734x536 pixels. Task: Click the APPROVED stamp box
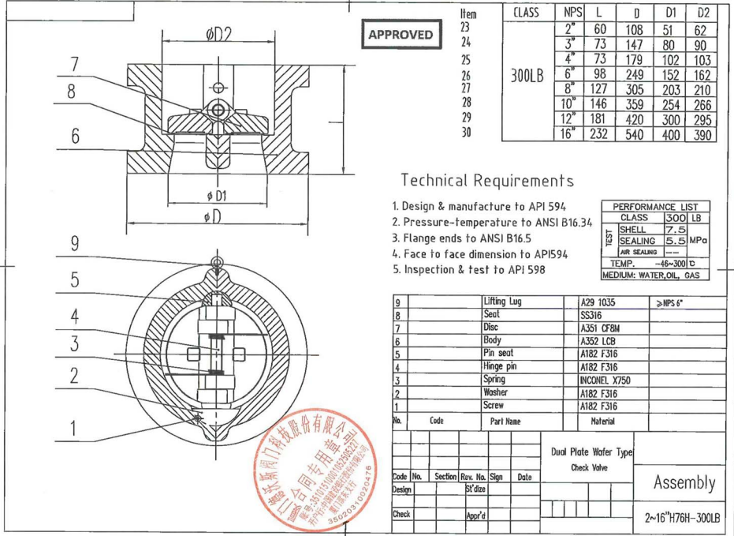401,35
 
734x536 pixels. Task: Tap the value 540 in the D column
635,134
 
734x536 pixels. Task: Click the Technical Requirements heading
487,181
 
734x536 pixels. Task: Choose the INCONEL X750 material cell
605,380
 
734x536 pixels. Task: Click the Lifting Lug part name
502,302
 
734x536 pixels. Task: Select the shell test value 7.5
675,229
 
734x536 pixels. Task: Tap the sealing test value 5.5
675,240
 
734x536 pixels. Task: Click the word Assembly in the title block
684,482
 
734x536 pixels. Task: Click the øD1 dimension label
217,195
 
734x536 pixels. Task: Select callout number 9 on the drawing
74,244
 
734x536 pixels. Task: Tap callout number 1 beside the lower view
74,429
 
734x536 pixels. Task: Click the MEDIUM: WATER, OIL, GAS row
654,275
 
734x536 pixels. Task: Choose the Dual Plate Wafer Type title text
592,452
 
